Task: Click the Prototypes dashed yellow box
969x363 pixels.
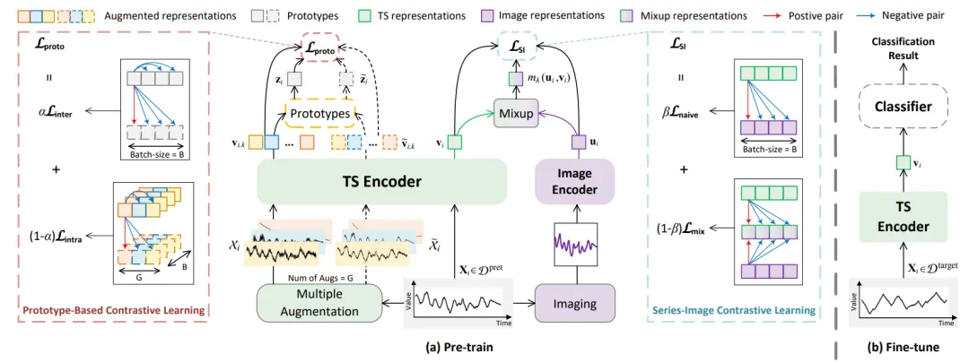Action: tap(319, 113)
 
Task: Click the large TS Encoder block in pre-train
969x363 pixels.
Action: tap(381, 181)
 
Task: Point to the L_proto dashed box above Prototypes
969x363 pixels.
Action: tap(319, 50)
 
